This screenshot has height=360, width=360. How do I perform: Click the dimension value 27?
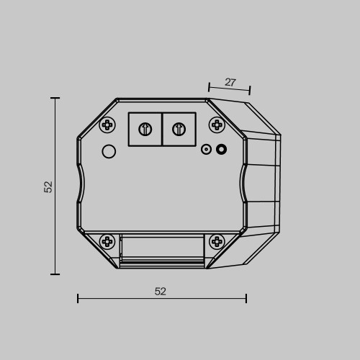point(230,82)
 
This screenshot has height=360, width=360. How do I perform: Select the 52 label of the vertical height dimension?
point(48,186)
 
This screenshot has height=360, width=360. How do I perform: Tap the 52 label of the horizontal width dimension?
point(161,291)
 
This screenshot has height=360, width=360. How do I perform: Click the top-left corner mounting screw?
point(107,125)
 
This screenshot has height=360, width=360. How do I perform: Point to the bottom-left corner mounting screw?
point(107,241)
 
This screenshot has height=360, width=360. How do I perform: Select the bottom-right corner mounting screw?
point(217,241)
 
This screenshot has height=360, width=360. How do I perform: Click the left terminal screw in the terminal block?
point(145,130)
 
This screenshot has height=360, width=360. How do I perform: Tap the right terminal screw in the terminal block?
point(179,130)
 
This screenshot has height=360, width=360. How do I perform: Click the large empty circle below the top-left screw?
point(109,151)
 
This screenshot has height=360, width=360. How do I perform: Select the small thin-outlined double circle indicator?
point(206,150)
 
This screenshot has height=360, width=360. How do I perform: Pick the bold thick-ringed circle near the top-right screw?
point(221,149)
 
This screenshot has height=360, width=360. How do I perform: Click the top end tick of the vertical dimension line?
point(55,98)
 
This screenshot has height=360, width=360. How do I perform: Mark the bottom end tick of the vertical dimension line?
point(55,274)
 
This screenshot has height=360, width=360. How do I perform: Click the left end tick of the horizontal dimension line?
point(78,298)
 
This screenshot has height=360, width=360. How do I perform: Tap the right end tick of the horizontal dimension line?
point(246,298)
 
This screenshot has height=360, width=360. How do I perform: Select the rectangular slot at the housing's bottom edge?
point(162,248)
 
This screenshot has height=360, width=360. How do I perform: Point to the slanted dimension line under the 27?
point(229,90)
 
